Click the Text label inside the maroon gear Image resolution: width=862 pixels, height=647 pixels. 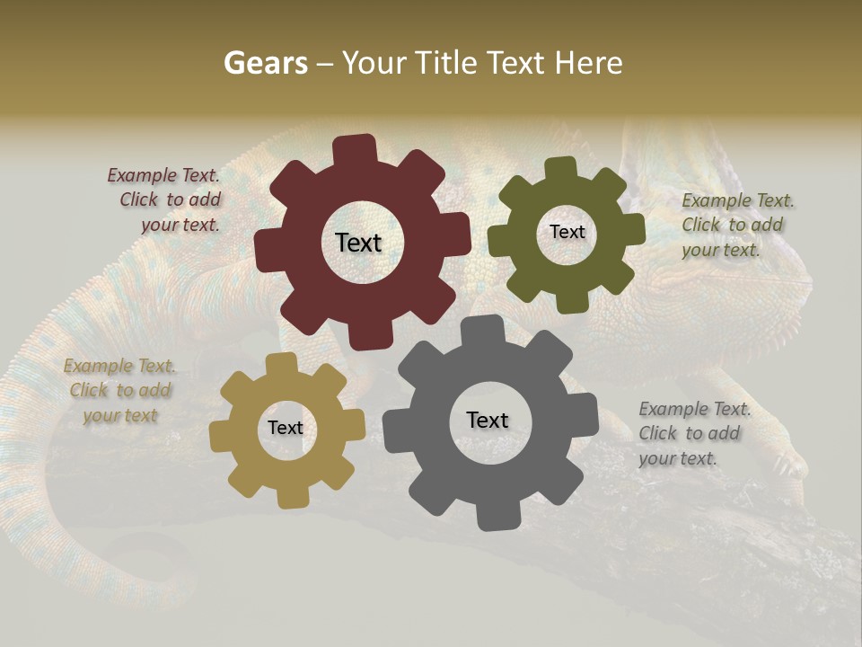(x=358, y=243)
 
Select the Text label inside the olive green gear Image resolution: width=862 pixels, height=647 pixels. (x=567, y=232)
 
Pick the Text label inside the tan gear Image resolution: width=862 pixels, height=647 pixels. (x=286, y=428)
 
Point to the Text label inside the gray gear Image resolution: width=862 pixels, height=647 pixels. (x=488, y=420)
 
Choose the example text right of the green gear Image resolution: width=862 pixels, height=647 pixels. (x=736, y=226)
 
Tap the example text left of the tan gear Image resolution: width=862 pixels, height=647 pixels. (x=120, y=391)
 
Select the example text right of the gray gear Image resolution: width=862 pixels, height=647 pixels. (x=693, y=434)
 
